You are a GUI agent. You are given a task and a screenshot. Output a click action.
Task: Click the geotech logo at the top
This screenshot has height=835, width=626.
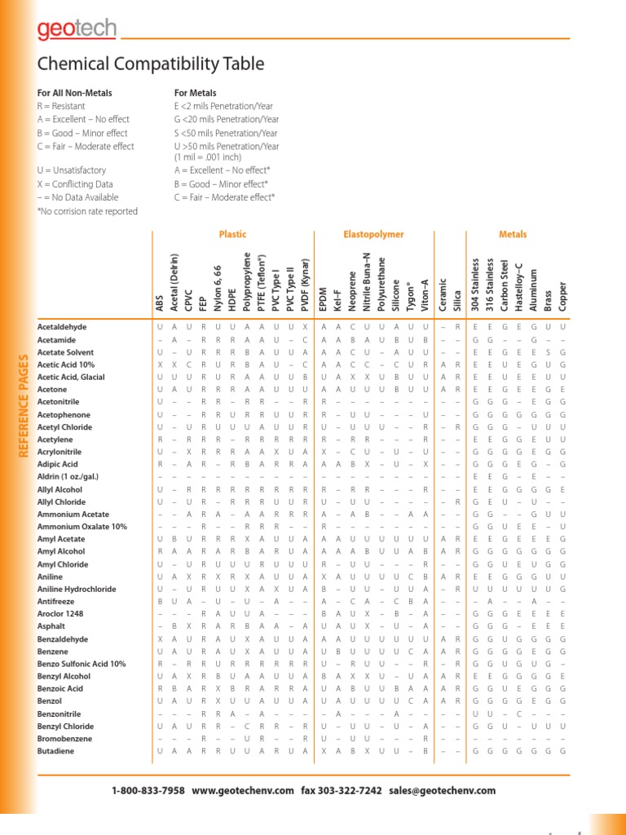[77, 31]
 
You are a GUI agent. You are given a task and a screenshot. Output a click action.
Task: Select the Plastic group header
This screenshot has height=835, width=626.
[232, 235]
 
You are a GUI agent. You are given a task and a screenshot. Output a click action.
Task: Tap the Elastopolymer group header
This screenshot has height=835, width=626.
[373, 235]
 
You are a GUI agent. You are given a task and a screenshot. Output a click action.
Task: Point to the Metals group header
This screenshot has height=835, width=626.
[513, 235]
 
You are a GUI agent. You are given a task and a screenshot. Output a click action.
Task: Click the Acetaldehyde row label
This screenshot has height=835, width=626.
[62, 327]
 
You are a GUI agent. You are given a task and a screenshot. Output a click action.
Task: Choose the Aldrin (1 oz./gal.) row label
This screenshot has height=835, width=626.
[68, 476]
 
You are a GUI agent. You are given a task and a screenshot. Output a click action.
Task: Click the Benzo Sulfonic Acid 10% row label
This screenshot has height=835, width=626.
[82, 664]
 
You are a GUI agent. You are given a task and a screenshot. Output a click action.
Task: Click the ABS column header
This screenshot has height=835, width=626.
[160, 303]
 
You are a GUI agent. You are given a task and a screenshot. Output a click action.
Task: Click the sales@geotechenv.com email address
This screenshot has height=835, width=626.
[443, 791]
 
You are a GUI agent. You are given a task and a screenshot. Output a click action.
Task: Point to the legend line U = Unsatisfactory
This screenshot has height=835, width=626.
[72, 170]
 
